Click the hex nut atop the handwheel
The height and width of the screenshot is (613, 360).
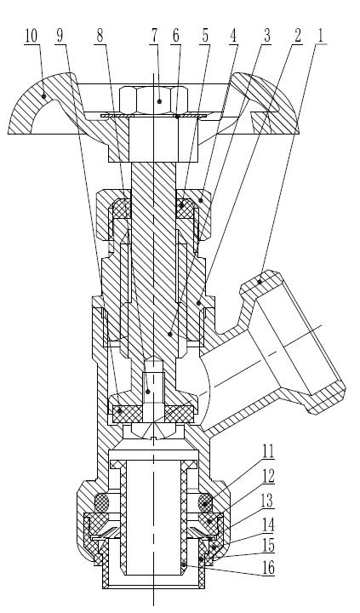153,99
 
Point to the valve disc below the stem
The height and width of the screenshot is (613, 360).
153,412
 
